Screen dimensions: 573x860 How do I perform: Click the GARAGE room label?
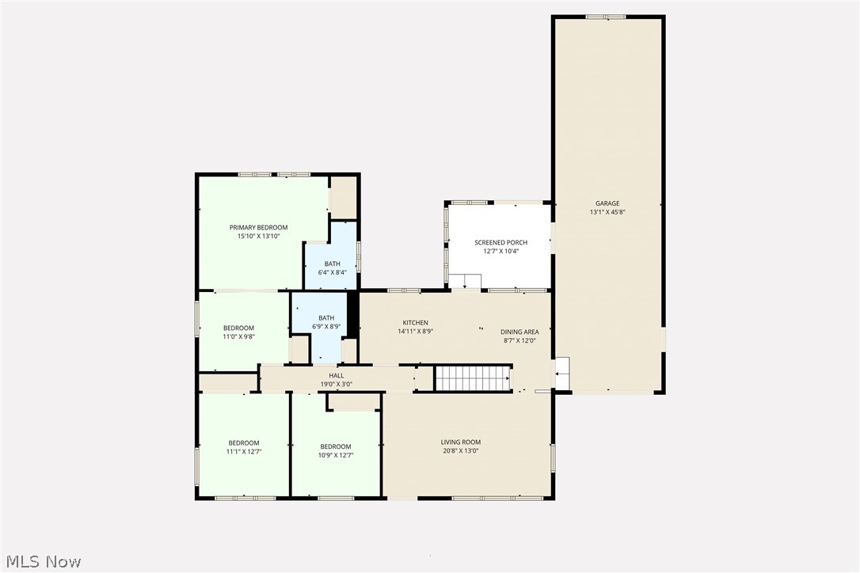click(x=607, y=203)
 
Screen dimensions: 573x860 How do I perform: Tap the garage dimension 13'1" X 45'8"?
click(x=607, y=212)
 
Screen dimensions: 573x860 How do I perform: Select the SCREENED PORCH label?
click(x=500, y=242)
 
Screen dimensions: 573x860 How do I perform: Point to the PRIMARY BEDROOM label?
click(x=258, y=227)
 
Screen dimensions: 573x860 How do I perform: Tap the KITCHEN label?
click(x=415, y=323)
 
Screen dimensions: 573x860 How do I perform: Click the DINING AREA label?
click(x=519, y=332)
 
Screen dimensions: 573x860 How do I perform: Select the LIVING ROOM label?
click(x=461, y=442)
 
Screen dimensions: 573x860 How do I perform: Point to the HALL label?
click(x=337, y=376)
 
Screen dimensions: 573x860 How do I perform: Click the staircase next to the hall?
click(x=474, y=378)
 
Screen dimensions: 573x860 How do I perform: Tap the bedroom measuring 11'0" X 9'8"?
click(x=238, y=332)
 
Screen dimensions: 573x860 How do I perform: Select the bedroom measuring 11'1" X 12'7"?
click(x=244, y=448)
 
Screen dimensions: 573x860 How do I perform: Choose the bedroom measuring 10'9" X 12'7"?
click(x=336, y=450)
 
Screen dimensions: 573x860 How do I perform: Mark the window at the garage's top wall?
click(x=606, y=17)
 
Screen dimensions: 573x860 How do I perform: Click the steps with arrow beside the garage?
click(x=561, y=373)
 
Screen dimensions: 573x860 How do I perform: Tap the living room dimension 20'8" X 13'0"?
click(x=461, y=450)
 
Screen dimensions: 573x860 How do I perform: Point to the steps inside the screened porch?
click(x=464, y=281)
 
